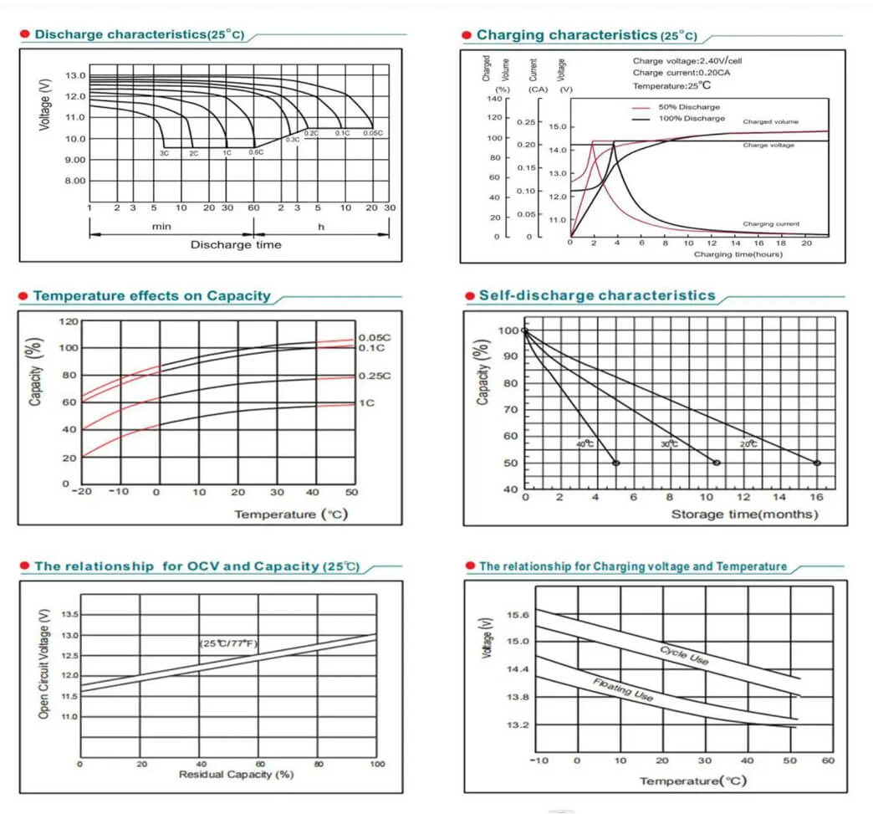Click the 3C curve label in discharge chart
pos(165,153)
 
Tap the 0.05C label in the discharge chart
pos(372,133)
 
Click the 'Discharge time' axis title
pos(236,245)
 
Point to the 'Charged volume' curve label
pos(770,121)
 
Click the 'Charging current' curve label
pos(770,224)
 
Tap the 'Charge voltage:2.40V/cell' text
pos(687,61)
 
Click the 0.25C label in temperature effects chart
pos(374,376)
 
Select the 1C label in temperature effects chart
pos(366,403)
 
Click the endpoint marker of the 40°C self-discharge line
pos(615,463)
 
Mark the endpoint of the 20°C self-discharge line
pos(817,463)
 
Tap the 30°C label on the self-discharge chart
pos(669,444)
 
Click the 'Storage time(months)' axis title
pos(744,514)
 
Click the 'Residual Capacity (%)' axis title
pos(237,775)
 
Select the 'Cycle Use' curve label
pos(684,655)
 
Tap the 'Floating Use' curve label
pos(623,689)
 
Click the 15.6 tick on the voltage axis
pos(518,615)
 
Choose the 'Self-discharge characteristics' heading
pos(596,295)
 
